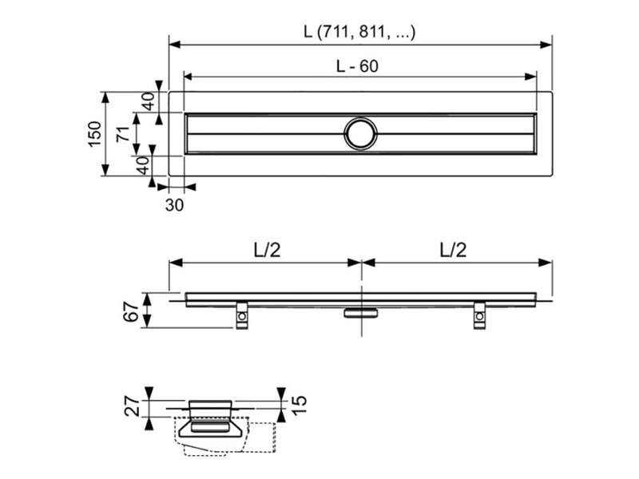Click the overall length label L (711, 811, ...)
click(359, 31)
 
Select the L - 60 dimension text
click(357, 66)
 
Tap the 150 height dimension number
click(94, 134)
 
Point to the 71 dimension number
click(124, 134)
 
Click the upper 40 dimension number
click(149, 101)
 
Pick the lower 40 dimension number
click(143, 165)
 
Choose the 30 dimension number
click(174, 205)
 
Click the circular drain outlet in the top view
click(361, 133)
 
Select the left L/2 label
click(268, 250)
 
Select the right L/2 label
click(453, 250)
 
